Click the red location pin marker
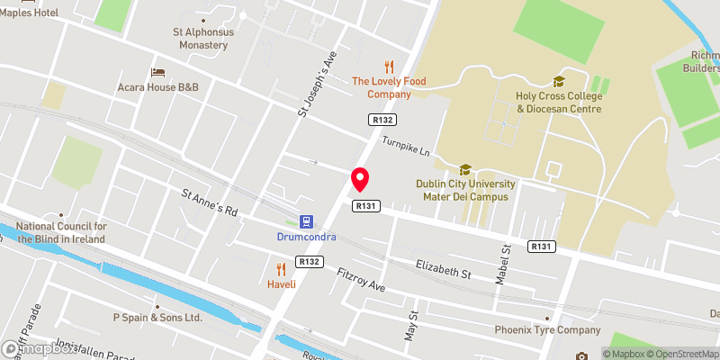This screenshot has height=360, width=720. point(360,179)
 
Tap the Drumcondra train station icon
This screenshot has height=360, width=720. point(307,220)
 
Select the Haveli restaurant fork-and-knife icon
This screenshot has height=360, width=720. point(282,268)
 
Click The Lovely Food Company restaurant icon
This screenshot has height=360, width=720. point(389,66)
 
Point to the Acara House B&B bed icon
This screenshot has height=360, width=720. point(158,71)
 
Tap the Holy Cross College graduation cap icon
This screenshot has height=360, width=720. point(559,81)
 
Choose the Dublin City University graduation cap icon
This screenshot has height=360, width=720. point(465,169)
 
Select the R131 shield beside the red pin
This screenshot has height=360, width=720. point(364,206)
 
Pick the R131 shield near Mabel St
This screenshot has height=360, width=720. point(541,247)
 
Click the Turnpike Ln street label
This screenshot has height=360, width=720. point(406,144)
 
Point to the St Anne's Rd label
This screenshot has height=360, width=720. point(209,203)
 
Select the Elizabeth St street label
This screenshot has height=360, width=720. point(444,267)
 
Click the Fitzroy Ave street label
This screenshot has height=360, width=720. point(360,279)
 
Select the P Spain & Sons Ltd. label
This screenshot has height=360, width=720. point(157,318)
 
